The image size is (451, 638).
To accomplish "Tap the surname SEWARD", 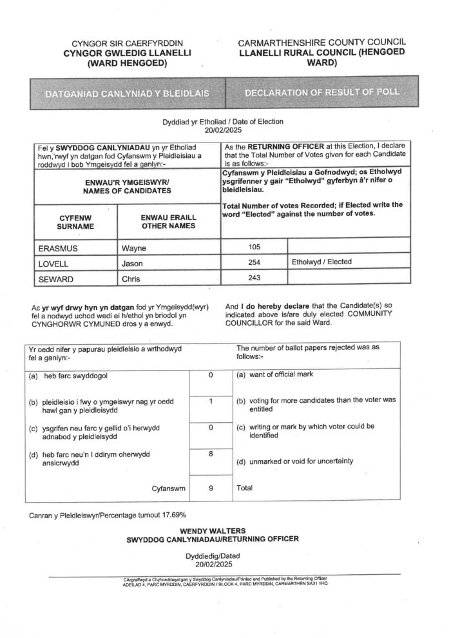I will click(x=55, y=278).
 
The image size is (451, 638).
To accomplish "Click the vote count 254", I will click(x=253, y=262).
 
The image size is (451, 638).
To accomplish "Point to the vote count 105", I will click(x=253, y=246).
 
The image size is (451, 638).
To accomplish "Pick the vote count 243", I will click(x=253, y=278).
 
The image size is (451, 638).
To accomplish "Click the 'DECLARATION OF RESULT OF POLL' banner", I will click(x=322, y=93).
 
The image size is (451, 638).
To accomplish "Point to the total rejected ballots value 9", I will click(x=211, y=488).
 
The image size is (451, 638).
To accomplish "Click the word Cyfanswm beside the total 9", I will click(x=169, y=488).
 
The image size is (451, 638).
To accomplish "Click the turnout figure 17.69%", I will click(x=172, y=514).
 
